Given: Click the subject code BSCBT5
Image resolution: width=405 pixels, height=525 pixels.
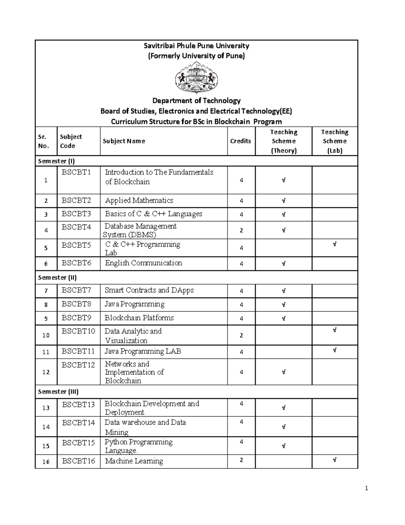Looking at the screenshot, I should (76, 245).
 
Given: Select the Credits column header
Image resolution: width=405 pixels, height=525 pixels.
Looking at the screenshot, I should (240, 141).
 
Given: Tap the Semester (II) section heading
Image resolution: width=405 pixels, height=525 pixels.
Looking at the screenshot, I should (57, 278).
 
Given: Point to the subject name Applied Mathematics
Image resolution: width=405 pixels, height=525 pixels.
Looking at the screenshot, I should (139, 200).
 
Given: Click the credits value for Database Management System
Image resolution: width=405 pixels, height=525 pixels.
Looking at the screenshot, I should (241, 231).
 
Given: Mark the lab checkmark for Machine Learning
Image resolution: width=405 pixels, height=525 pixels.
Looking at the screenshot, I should (334, 460).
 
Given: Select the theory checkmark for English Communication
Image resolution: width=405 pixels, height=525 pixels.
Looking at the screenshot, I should (283, 264).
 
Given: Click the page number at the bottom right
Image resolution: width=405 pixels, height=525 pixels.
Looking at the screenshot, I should (367, 488).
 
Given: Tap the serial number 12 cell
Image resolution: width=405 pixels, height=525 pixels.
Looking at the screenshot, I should (46, 372).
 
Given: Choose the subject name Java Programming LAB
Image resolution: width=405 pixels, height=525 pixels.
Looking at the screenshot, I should (143, 352).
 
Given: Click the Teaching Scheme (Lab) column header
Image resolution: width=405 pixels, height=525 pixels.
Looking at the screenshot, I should (334, 141).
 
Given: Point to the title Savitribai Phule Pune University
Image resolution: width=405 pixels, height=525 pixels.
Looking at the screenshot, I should (196, 46).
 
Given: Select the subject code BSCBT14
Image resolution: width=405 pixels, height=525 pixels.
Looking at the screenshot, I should (78, 423).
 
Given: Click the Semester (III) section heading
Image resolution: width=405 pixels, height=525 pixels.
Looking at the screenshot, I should (58, 392).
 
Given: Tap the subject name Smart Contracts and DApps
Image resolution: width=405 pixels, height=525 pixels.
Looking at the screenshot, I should (149, 290).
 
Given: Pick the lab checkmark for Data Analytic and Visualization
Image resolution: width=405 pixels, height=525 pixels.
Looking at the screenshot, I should (334, 330).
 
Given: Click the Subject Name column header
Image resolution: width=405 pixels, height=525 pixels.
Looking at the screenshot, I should (124, 141).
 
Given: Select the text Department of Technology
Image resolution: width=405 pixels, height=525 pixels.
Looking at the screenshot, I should (196, 101).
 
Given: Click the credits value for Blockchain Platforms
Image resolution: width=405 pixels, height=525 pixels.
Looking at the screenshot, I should (241, 318).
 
